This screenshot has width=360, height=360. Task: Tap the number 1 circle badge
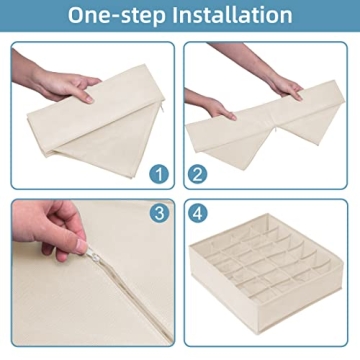pyautogui.click(x=159, y=174)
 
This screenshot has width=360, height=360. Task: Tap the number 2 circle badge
pyautogui.click(x=197, y=174)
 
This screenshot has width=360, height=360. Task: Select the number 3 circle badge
pyautogui.click(x=159, y=213)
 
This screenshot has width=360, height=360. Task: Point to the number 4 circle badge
pyautogui.click(x=197, y=213)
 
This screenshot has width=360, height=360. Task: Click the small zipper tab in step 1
pyautogui.click(x=162, y=110)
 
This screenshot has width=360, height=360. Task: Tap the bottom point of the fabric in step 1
pyautogui.click(x=131, y=176)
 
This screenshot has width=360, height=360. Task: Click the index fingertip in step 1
pyautogui.click(x=89, y=99)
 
